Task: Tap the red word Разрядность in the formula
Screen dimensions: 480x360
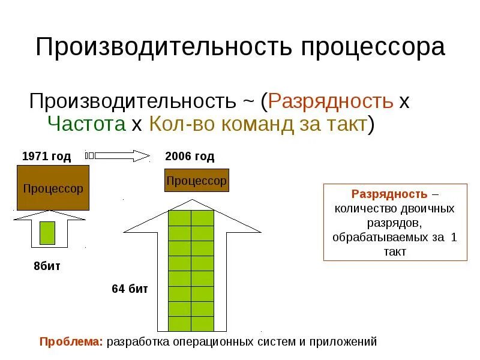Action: tap(331, 100)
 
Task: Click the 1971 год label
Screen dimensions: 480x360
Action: tap(46, 157)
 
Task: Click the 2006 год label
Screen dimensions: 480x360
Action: tap(189, 157)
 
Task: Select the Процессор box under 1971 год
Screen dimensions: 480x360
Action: tap(53, 188)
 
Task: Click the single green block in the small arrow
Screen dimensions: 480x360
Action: tap(47, 232)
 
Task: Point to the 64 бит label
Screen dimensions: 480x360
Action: tap(130, 289)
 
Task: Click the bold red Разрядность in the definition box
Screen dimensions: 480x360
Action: tap(389, 194)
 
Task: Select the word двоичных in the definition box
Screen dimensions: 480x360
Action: tap(427, 209)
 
